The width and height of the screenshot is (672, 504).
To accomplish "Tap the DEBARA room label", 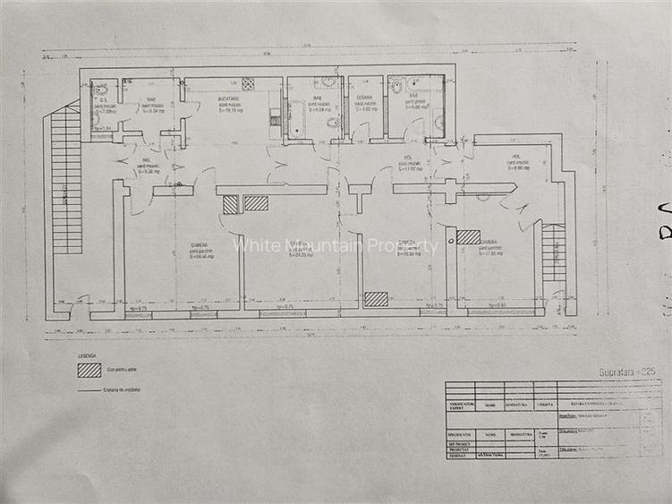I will pos(365,98).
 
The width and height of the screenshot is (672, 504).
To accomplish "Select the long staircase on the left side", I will pos(65,179).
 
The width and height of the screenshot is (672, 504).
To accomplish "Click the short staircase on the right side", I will pos(554,252).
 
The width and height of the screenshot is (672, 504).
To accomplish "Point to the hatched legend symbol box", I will pos(89,370).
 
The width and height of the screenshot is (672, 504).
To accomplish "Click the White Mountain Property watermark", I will pos(336,245).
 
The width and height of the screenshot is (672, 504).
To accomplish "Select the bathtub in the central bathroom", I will pos(296,122).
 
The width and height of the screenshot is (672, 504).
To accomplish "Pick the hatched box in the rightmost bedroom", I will pos(468,237).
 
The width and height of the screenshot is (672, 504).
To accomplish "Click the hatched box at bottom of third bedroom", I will pos(376,299).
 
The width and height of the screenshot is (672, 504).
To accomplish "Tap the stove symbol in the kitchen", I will pos(248,84).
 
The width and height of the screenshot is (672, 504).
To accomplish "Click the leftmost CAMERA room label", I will pos(200,244).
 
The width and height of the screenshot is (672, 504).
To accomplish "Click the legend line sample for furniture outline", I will pos(89,389).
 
